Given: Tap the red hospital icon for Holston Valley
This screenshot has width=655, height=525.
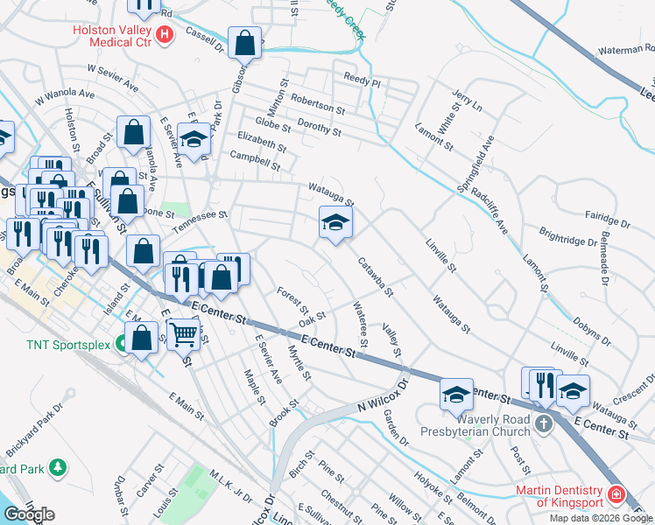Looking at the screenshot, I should coord(164,35).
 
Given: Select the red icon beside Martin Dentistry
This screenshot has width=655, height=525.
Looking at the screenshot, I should coord(616,496).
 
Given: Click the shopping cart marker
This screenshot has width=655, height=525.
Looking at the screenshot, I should coord(183,332).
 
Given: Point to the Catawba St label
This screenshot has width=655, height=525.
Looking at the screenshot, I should coord(375,276).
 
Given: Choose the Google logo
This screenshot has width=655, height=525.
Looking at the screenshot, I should coord(29,514).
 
